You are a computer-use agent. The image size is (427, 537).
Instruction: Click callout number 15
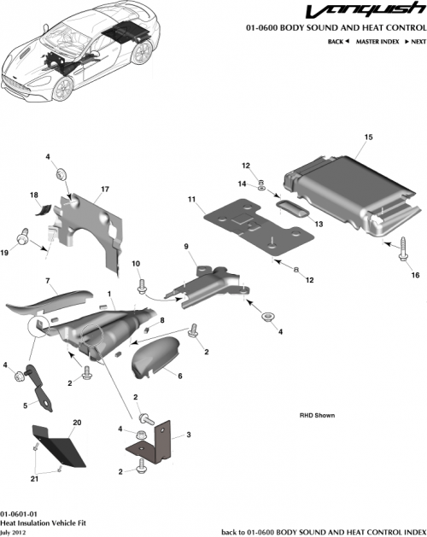pyautogui.click(x=369, y=137)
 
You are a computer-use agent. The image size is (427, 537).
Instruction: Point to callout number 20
pyautogui.click(x=76, y=423)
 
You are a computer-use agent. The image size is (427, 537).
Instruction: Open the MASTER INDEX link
pyautogui.click(x=379, y=41)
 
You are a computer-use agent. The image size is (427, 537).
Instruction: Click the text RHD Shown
pyautogui.click(x=317, y=416)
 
